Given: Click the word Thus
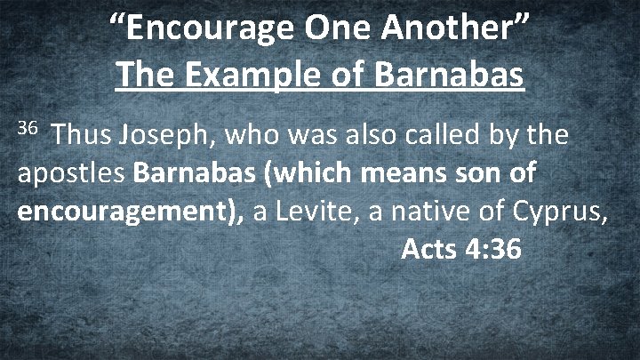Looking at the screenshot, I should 82,136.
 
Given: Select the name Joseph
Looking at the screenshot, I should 166,136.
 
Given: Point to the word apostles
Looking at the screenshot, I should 72,174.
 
